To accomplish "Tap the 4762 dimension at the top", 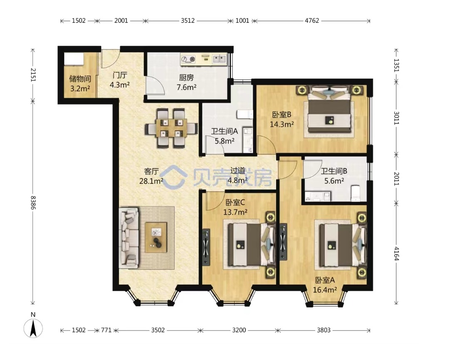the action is (312, 21).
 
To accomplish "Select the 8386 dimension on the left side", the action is (33, 203).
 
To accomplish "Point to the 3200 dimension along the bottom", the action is (239, 330).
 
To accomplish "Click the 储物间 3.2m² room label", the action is (80, 83).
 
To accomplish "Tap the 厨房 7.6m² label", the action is (186, 82).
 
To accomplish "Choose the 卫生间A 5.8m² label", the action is (225, 136).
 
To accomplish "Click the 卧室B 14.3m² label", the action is (282, 119).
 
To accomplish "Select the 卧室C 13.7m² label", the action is (235, 207).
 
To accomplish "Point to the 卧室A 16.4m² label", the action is (325, 285).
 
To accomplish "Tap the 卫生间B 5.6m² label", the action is (334, 176).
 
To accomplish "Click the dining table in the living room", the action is (171, 128).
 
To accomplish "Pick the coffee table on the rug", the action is (156, 238).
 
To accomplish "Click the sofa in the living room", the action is (129, 238).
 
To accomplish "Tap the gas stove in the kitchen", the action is (188, 60).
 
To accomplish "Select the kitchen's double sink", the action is (219, 59).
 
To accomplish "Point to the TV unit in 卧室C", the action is (206, 247).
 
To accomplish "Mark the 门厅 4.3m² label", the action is (120, 80).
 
